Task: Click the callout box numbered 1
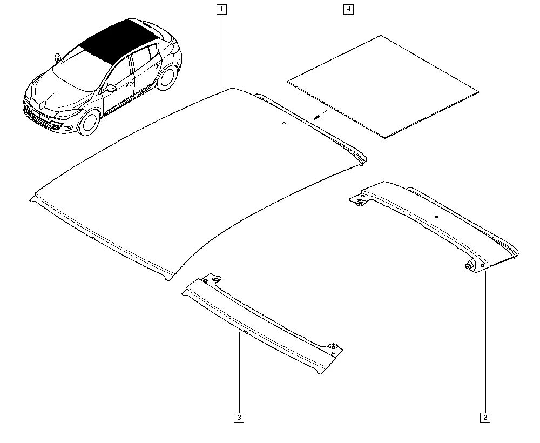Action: click(x=221, y=9)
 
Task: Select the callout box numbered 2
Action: click(x=485, y=418)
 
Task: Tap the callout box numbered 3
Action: click(x=239, y=418)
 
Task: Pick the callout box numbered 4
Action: click(x=348, y=9)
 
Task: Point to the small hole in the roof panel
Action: click(x=284, y=123)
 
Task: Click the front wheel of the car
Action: click(x=90, y=122)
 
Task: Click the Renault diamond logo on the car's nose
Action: click(x=42, y=104)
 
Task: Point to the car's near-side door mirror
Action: click(x=110, y=88)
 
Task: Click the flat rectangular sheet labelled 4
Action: click(x=383, y=86)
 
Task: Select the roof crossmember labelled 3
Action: click(x=262, y=324)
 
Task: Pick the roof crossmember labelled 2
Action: click(x=435, y=226)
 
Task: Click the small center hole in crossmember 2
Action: click(x=436, y=217)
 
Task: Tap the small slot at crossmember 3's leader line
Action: click(x=245, y=331)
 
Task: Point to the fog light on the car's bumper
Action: click(x=67, y=128)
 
